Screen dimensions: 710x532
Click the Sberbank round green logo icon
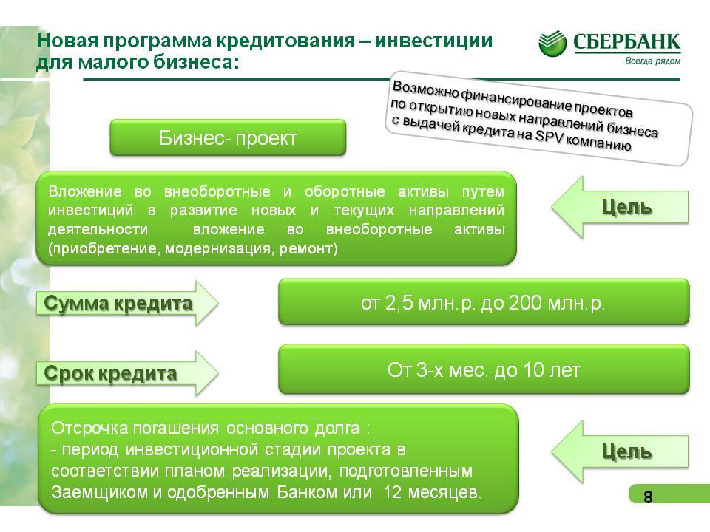point(552,43)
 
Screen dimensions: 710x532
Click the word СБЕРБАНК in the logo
point(626,42)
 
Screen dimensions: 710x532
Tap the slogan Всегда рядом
point(652,61)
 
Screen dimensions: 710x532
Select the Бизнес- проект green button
point(228,137)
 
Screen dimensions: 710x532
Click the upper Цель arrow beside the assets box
point(620,207)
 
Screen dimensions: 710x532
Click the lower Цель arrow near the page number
point(620,451)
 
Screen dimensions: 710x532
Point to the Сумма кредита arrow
point(127,303)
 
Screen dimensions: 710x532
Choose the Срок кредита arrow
point(127,374)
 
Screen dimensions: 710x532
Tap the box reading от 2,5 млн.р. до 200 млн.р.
point(484,301)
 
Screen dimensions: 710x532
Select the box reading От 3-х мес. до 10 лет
point(484,369)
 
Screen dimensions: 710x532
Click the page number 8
point(648,497)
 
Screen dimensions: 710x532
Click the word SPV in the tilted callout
point(549,136)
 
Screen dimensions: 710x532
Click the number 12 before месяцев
point(392,492)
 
